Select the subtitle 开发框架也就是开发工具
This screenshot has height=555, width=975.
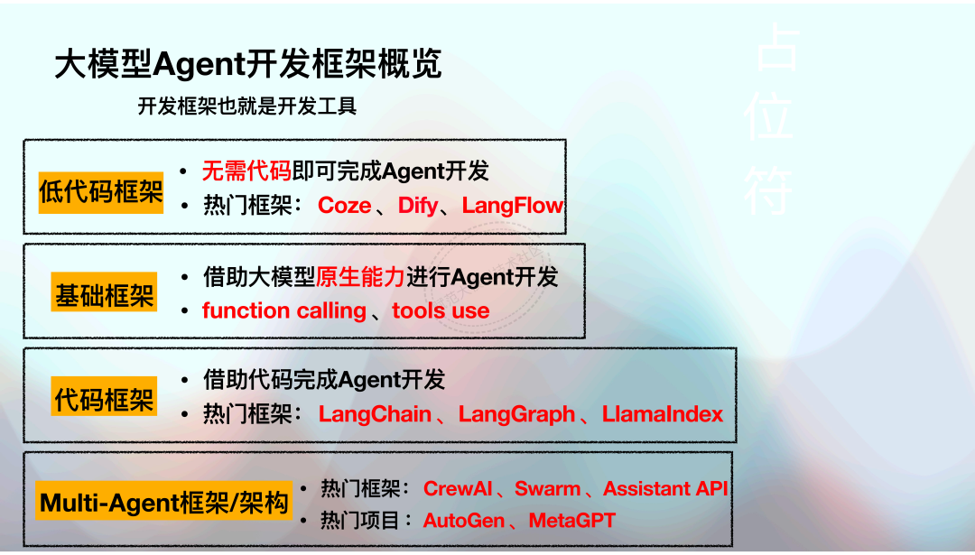click(247, 106)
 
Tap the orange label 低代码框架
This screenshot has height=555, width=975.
click(101, 191)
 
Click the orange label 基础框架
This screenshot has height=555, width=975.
click(105, 295)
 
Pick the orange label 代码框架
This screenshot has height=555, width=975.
click(105, 399)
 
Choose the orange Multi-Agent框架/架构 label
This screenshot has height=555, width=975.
click(165, 502)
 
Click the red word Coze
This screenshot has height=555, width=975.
click(344, 206)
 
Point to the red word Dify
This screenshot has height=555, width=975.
click(417, 206)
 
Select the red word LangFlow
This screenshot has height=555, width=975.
click(512, 206)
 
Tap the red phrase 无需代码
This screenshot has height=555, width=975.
click(246, 171)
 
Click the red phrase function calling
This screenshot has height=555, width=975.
click(284, 311)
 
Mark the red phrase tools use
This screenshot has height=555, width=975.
click(441, 311)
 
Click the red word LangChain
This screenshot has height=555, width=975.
click(375, 414)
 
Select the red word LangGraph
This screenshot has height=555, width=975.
click(516, 414)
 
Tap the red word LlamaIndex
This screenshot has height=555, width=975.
click(663, 414)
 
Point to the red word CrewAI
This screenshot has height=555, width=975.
click(458, 489)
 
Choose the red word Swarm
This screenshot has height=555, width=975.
click(547, 489)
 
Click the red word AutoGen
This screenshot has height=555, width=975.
click(463, 521)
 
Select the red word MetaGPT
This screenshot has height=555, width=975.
click(571, 521)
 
